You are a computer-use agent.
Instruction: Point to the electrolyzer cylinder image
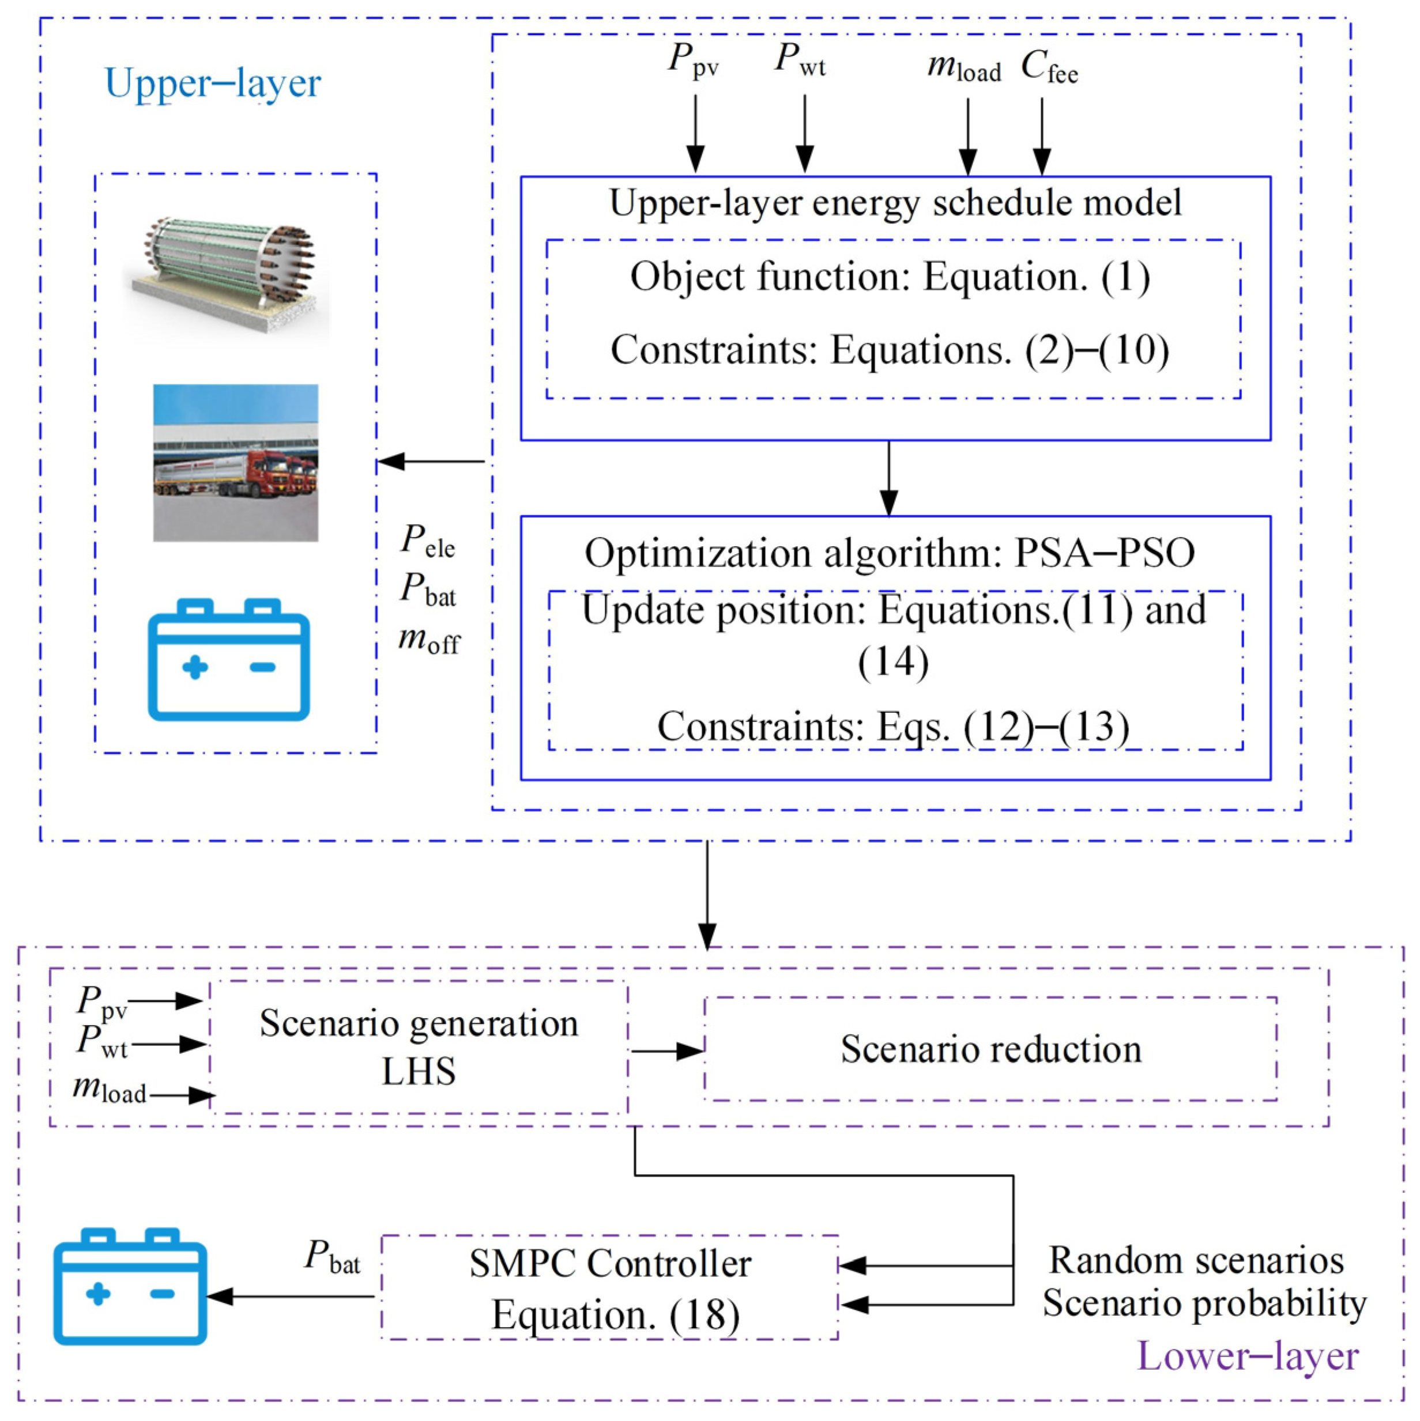(x=226, y=274)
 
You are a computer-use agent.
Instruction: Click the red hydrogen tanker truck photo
(x=235, y=463)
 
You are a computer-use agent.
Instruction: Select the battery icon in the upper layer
(x=229, y=659)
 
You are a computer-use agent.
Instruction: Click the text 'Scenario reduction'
(x=991, y=1049)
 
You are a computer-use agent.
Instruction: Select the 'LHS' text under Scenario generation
(x=419, y=1071)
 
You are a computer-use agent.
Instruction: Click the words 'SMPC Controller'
(x=611, y=1264)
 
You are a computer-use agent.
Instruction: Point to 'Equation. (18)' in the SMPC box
(x=615, y=1314)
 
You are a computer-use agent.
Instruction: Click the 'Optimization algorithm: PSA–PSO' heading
(x=890, y=553)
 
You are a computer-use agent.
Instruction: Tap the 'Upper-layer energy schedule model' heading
(x=895, y=202)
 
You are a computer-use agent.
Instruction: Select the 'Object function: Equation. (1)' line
(x=890, y=277)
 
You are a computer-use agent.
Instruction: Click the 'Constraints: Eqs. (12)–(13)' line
(x=893, y=726)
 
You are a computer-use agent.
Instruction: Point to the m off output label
(x=429, y=639)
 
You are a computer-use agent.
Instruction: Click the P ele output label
(x=427, y=540)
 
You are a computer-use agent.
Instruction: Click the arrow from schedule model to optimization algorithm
(x=889, y=478)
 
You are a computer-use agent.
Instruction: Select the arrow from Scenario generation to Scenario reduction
(x=667, y=1051)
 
